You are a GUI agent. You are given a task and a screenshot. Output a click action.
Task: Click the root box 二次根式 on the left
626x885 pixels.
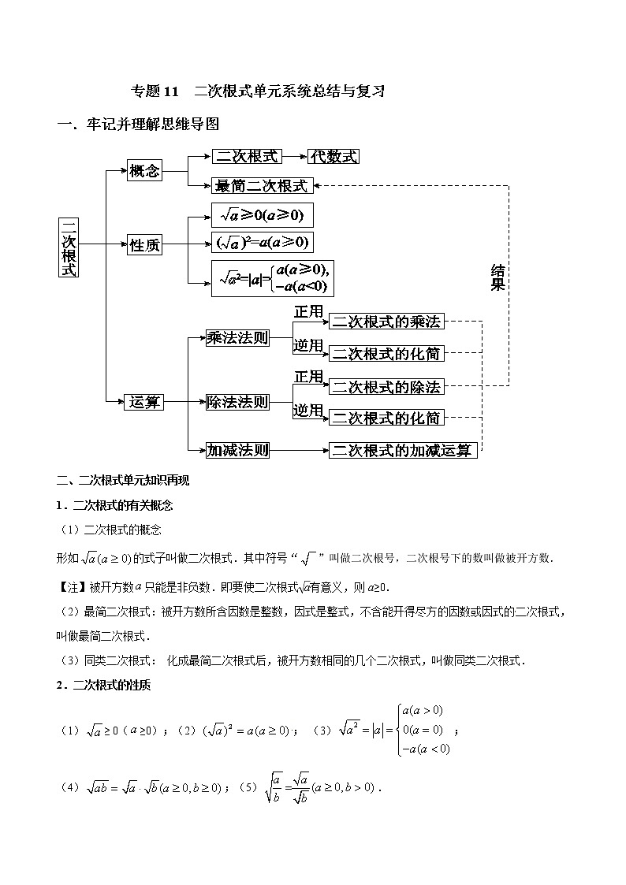pyautogui.click(x=69, y=246)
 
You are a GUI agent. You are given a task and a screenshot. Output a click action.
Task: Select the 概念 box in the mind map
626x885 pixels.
pyautogui.click(x=144, y=170)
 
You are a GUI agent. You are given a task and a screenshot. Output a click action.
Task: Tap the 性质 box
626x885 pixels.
pyautogui.click(x=144, y=246)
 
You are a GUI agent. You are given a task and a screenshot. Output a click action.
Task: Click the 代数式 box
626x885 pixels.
pyautogui.click(x=333, y=156)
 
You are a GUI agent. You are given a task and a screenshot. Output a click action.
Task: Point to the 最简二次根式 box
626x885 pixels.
pyautogui.click(x=263, y=186)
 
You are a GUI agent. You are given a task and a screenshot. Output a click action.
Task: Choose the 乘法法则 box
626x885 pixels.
pyautogui.click(x=237, y=338)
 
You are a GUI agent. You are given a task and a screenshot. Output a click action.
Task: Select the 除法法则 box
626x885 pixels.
pyautogui.click(x=237, y=403)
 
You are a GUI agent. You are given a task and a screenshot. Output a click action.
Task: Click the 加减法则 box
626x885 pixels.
pyautogui.click(x=237, y=450)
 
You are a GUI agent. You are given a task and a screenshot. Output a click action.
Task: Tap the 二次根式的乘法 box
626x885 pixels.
pyautogui.click(x=386, y=322)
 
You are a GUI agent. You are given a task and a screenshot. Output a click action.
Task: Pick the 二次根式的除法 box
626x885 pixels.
pyautogui.click(x=386, y=387)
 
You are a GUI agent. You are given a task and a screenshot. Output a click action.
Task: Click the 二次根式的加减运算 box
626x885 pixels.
pyautogui.click(x=402, y=450)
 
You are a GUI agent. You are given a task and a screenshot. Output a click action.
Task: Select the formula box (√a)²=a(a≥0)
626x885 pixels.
pyautogui.click(x=263, y=242)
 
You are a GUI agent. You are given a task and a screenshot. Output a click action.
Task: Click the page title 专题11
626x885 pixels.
pyautogui.click(x=156, y=91)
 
